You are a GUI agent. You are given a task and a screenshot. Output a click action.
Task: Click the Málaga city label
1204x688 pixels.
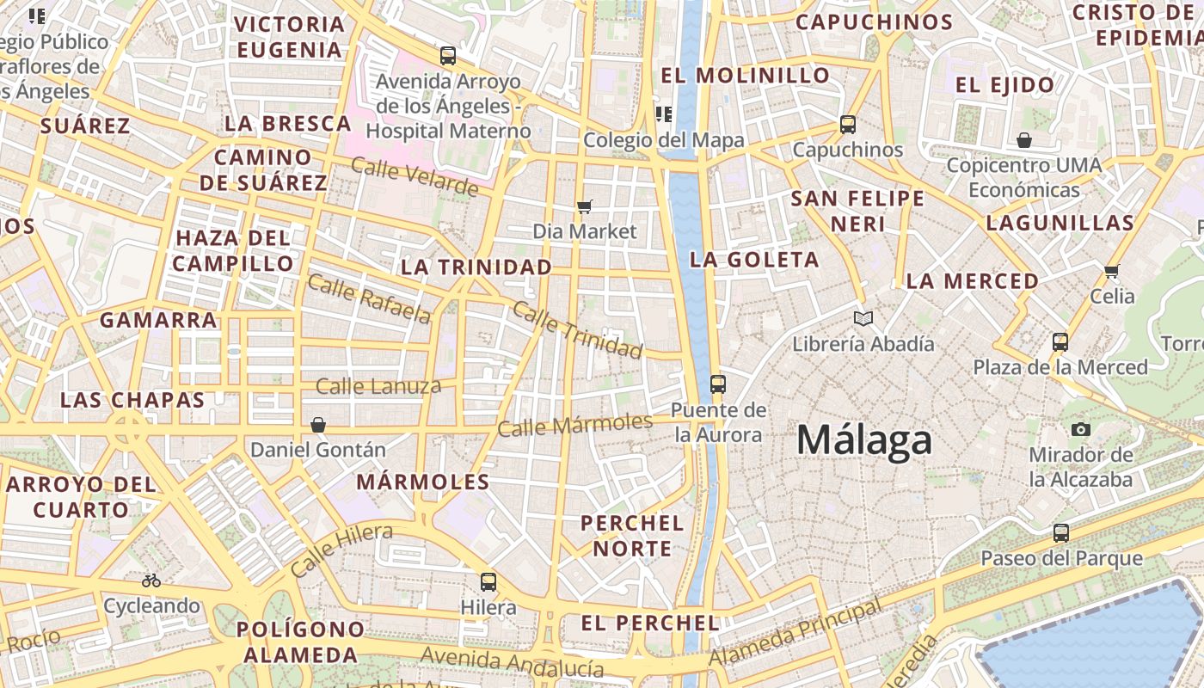tap(863, 440)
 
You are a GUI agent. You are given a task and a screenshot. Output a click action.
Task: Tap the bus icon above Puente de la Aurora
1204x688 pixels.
tap(718, 384)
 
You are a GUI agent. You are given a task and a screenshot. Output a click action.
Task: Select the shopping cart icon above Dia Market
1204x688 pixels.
tap(585, 206)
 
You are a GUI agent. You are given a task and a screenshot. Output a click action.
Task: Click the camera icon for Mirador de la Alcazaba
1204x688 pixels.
tap(1081, 429)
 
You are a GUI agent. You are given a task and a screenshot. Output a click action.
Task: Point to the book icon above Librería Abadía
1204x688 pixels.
tap(863, 319)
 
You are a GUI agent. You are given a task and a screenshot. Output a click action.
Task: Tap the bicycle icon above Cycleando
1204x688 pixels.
tap(151, 580)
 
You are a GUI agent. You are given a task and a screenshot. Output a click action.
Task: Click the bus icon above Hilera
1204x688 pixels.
tap(488, 582)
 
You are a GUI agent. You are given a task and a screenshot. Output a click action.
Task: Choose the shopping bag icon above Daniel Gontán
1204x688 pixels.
tap(318, 425)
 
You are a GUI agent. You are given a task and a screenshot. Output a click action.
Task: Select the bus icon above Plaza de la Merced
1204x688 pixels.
tap(1060, 342)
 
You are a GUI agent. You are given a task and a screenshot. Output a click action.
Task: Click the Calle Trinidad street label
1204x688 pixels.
tap(577, 329)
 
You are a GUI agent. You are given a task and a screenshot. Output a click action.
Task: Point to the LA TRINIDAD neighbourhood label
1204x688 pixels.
tap(476, 267)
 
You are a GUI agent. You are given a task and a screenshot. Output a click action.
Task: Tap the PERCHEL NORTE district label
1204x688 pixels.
tap(632, 535)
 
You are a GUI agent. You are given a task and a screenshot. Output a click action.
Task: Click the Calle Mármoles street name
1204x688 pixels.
tap(575, 425)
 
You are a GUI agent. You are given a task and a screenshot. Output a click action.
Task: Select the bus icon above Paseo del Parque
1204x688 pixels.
tap(1061, 533)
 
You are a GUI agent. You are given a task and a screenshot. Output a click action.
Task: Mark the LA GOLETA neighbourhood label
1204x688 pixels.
tap(754, 260)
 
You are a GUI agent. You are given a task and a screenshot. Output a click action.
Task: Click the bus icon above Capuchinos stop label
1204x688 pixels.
tap(848, 125)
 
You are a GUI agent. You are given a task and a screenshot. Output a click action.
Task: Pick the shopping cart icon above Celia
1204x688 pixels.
tap(1112, 272)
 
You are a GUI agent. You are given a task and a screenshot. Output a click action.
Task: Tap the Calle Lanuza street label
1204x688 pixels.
tap(378, 386)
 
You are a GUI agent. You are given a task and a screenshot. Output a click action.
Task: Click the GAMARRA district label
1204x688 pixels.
tap(158, 321)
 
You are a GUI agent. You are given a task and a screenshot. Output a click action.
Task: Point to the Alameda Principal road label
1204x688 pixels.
tap(795, 632)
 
